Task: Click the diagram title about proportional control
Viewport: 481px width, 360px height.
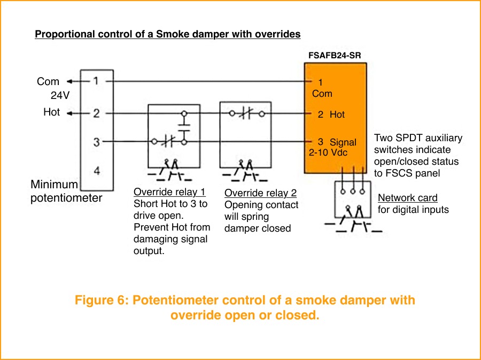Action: pos(167,34)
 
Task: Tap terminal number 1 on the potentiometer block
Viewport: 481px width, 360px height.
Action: pos(96,81)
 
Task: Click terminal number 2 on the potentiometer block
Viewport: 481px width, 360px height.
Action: pos(96,113)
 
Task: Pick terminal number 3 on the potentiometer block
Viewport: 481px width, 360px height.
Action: pos(96,142)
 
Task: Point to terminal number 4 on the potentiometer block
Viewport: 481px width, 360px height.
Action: pos(97,171)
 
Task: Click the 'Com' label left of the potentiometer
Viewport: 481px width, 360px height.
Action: pos(48,82)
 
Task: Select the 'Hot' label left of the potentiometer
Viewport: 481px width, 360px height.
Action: pos(51,113)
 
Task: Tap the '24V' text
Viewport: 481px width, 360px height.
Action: pos(60,96)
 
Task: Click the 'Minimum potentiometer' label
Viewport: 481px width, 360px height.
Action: pos(66,192)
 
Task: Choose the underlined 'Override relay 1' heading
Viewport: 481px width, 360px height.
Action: pos(169,192)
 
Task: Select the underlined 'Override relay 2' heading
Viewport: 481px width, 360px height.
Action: pos(260,193)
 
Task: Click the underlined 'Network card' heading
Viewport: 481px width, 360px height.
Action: pos(407,198)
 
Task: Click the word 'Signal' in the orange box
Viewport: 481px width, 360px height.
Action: pos(343,142)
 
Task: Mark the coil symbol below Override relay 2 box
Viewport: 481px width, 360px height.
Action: pos(245,170)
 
